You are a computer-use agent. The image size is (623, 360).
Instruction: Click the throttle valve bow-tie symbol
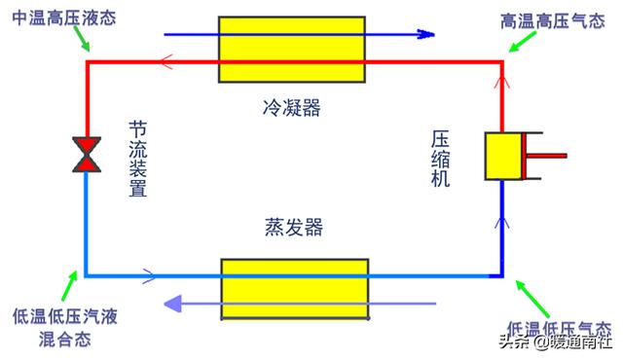87,155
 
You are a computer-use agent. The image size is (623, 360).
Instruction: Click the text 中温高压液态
60,19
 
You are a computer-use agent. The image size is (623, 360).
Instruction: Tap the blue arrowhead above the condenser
424,34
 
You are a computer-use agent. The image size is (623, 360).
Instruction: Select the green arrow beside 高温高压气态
522,42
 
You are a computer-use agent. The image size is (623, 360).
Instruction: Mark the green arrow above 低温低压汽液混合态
70,285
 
